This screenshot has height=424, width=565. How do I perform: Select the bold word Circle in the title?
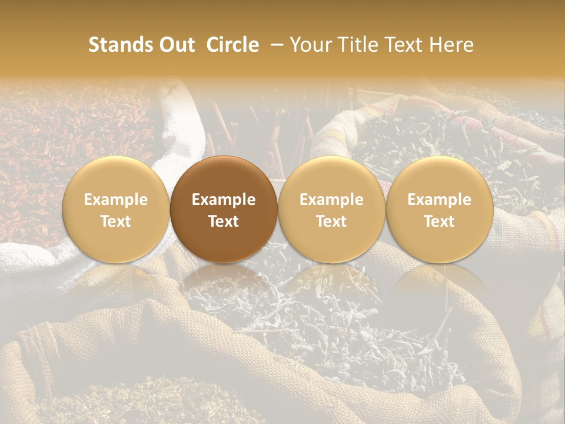click(232, 45)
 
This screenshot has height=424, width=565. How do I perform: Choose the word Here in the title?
click(451, 45)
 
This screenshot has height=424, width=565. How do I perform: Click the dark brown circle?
click(224, 209)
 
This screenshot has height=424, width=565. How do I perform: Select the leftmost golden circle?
click(116, 209)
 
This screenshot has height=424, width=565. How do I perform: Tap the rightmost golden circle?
click(440, 209)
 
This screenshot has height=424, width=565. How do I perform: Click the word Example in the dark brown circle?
click(224, 200)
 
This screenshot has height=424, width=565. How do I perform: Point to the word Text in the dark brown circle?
click(224, 221)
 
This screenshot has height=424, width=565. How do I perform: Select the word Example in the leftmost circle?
click(116, 200)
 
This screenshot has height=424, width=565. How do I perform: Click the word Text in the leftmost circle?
click(116, 221)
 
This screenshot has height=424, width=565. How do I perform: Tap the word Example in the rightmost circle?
click(440, 200)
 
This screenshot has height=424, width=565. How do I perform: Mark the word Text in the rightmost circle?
click(440, 221)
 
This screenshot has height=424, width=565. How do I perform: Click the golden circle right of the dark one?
click(331, 209)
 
